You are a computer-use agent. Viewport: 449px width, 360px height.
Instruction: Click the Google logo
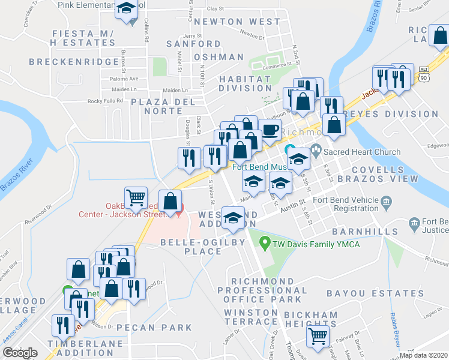tap(20, 353)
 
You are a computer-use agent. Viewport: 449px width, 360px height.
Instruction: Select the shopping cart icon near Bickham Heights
tap(317, 335)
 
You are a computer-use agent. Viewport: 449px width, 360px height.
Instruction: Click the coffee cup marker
tap(270, 129)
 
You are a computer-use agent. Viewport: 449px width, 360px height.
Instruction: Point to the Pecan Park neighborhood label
tap(154, 328)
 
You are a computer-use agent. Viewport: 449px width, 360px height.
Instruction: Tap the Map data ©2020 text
tap(423, 355)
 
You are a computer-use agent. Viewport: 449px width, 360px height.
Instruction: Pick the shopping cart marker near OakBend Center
tap(136, 196)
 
